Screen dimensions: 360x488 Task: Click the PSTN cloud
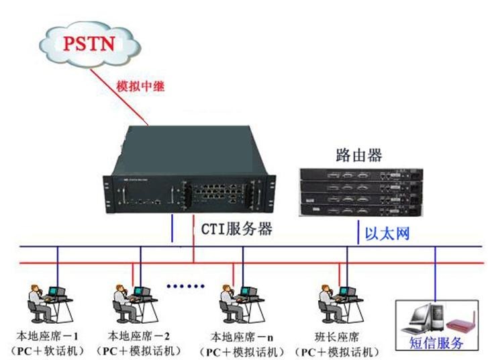tap(91, 44)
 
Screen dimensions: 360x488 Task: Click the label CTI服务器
tap(237, 229)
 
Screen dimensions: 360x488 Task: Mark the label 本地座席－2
tap(139, 335)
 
